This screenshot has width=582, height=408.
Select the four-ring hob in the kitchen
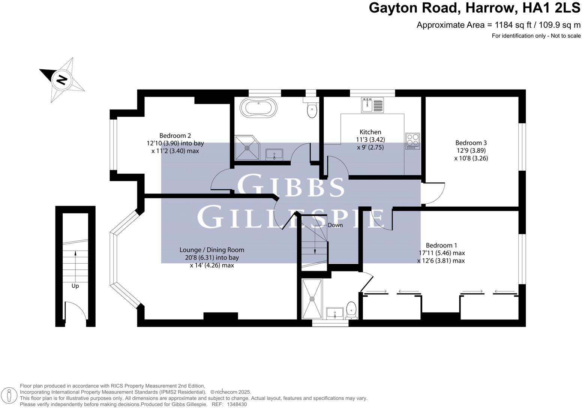point(412,141)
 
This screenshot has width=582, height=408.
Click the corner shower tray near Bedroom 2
point(247,148)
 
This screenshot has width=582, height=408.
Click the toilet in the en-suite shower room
point(351,310)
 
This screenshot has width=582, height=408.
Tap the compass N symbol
point(61,80)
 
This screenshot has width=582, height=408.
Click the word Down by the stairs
point(335,225)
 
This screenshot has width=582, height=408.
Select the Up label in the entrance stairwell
point(75,286)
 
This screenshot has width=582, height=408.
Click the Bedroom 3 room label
point(471,143)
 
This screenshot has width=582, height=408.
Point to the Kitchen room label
point(370,132)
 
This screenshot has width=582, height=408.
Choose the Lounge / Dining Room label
point(212,250)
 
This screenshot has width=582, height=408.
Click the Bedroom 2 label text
point(175,136)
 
